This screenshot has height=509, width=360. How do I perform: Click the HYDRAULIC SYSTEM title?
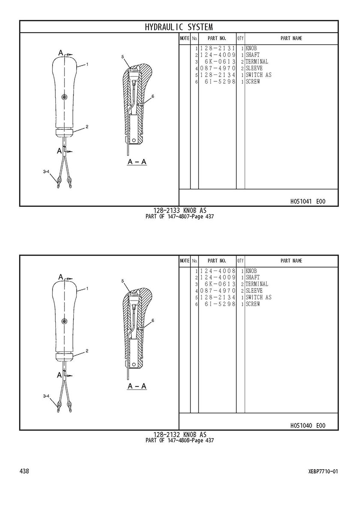(179, 27)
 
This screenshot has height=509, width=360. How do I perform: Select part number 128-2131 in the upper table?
(217, 48)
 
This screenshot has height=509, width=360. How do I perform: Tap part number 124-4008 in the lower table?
(217, 271)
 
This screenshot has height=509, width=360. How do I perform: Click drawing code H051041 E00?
(308, 202)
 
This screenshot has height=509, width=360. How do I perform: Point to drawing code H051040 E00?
(308, 426)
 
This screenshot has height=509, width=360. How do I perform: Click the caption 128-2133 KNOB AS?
(180, 211)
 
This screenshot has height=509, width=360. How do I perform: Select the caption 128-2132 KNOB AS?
(180, 435)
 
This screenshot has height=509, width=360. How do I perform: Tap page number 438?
(24, 471)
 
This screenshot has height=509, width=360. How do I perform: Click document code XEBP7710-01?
(323, 471)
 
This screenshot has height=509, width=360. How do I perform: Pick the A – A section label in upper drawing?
(137, 161)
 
